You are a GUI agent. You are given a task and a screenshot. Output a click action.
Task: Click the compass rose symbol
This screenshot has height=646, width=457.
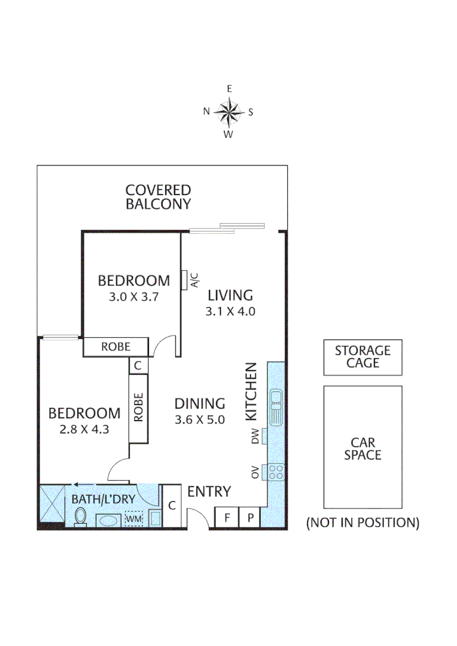(228, 111)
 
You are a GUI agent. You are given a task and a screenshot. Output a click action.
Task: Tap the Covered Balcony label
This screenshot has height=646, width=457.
(158, 197)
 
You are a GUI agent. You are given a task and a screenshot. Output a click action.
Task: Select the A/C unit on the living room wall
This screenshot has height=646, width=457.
(185, 279)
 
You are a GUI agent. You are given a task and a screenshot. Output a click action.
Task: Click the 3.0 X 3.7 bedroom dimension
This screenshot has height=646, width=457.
(134, 295)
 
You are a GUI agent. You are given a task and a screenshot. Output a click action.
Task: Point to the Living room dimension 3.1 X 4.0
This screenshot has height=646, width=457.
(230, 311)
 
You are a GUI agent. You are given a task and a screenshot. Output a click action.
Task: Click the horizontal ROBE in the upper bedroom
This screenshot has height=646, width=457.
(115, 346)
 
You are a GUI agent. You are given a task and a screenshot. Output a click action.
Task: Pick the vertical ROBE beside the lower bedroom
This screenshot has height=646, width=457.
(138, 407)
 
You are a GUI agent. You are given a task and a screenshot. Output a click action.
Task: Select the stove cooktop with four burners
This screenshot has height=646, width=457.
(276, 472)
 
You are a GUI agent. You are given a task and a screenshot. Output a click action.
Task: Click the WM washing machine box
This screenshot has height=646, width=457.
(133, 519)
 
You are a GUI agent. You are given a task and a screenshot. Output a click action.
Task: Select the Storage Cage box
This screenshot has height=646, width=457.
(362, 357)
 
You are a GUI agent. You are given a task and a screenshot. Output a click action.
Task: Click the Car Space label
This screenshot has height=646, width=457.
(362, 449)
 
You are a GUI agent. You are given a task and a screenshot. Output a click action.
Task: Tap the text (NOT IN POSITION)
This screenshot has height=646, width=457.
(362, 522)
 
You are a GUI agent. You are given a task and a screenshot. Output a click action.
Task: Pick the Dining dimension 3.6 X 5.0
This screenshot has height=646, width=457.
(200, 419)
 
